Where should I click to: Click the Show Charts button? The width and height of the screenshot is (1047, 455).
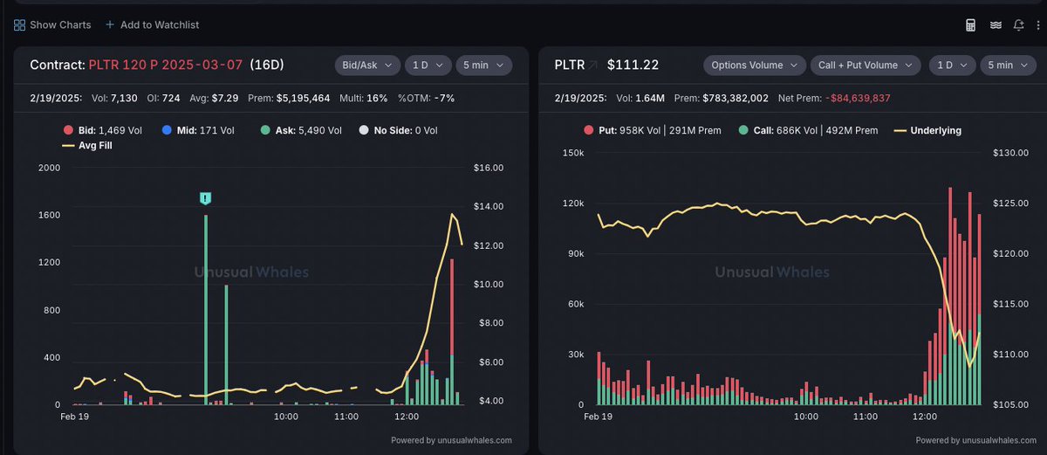coord(52,25)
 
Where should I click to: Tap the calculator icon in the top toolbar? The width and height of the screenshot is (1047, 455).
coord(970,25)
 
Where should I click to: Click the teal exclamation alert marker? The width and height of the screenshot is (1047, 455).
coord(205,198)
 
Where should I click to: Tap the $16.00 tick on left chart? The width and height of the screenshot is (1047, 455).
coord(487,168)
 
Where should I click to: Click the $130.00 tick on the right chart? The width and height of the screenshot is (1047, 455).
coord(1010,153)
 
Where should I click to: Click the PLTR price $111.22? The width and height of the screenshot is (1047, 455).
coord(633,65)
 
